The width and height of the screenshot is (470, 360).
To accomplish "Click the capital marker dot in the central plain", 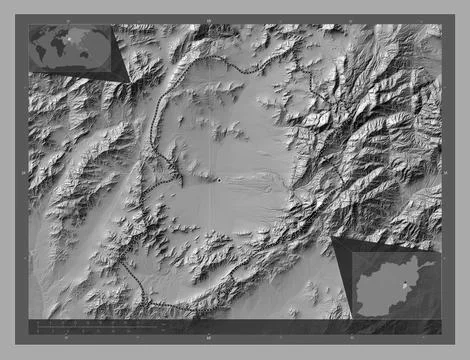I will [x=219, y=180].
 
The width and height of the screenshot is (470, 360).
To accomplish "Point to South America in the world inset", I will [x=48, y=57].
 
